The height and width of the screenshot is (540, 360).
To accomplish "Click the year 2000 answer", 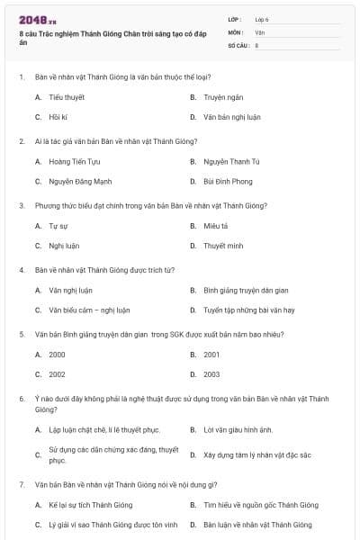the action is pos(57,355).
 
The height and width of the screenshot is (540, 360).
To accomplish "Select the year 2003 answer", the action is pos(211,374).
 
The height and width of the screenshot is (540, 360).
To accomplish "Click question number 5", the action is pos(22,334).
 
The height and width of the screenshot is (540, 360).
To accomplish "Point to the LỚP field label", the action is pos(236,19).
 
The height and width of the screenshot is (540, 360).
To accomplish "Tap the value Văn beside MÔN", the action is pos(260,31).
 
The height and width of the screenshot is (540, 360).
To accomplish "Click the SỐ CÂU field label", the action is pos(238,44).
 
